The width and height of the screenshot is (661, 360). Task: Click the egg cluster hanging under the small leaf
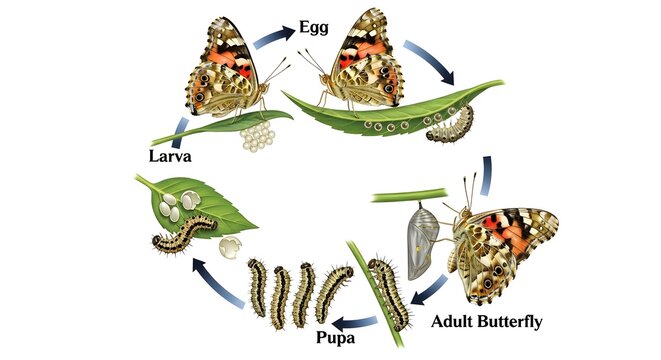(257, 134)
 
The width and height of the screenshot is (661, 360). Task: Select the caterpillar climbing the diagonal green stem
(391, 291)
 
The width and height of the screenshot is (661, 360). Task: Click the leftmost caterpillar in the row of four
(258, 287)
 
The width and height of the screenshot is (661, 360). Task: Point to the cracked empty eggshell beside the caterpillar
(232, 248)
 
